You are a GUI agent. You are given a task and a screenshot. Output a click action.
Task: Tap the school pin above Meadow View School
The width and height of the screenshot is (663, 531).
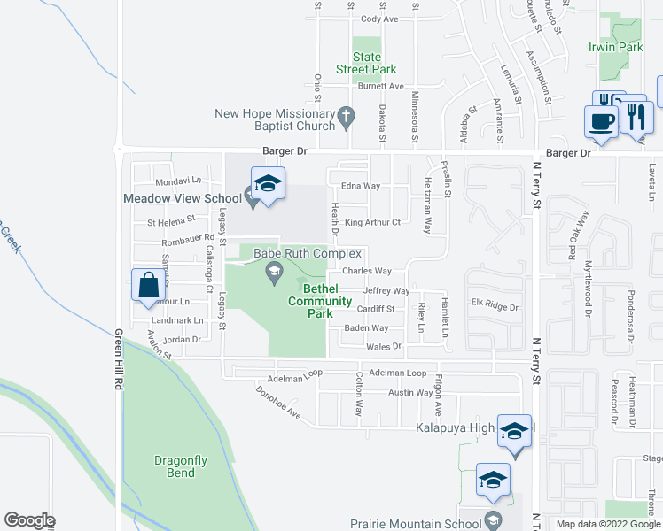point(268,184)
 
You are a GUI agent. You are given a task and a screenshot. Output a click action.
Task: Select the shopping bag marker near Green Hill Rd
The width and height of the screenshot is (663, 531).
point(147,286)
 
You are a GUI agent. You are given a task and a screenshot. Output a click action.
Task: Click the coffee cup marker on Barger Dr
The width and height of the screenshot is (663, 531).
point(600,120)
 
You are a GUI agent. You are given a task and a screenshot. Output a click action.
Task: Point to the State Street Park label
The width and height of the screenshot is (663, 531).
point(366,63)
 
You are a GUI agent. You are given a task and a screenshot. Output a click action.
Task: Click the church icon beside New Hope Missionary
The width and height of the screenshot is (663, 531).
point(347,114)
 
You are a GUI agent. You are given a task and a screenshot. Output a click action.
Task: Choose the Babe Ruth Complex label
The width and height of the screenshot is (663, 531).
point(308,253)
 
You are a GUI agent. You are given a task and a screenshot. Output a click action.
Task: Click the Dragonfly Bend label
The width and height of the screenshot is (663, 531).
point(180,466)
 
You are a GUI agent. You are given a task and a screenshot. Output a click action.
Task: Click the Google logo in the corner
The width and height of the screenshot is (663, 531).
point(29,519)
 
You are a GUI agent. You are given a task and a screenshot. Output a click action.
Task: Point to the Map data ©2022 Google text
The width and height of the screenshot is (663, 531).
point(609,524)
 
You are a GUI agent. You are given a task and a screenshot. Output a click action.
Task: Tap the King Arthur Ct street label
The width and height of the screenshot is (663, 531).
point(373,222)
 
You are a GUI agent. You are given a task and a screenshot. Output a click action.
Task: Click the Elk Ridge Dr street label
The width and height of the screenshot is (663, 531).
point(494,306)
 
